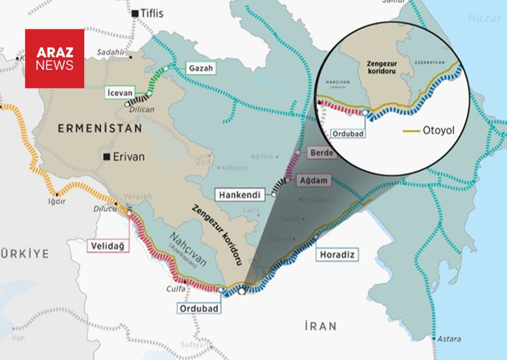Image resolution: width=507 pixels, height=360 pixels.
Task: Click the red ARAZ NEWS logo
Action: pos(54,58)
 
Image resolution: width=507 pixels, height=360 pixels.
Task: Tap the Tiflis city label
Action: pos(152,13)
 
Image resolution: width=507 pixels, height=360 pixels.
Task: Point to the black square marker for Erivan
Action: pos(106,157)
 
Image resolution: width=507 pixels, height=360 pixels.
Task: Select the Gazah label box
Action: pos(202,68)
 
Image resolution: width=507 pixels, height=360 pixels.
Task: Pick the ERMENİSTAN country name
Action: pos(100,128)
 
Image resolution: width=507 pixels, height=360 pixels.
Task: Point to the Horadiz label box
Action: pos(338,255)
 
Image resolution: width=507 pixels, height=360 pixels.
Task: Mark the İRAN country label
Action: pos(320,326)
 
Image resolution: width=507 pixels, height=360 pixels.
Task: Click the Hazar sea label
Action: pos(485,18)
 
